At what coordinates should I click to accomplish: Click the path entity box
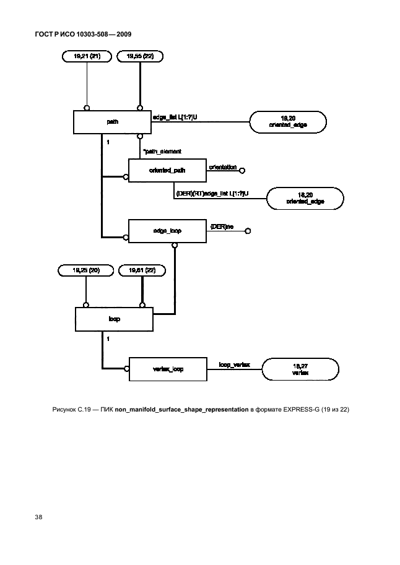click(113, 122)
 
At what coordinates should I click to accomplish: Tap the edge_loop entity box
click(167, 231)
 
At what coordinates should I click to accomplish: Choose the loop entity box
click(114, 319)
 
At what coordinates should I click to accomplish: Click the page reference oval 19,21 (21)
click(87, 56)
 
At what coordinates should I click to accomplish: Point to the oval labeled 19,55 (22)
click(140, 56)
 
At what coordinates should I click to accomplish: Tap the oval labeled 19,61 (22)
click(143, 270)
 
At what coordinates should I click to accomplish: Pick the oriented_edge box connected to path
click(288, 121)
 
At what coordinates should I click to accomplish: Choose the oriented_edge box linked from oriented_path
click(305, 199)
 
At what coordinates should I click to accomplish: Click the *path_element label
click(162, 150)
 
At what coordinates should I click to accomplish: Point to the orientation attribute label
click(223, 166)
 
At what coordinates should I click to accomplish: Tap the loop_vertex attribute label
click(235, 365)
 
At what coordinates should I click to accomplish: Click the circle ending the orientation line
click(243, 170)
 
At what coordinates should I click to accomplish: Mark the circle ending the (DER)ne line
click(247, 231)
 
